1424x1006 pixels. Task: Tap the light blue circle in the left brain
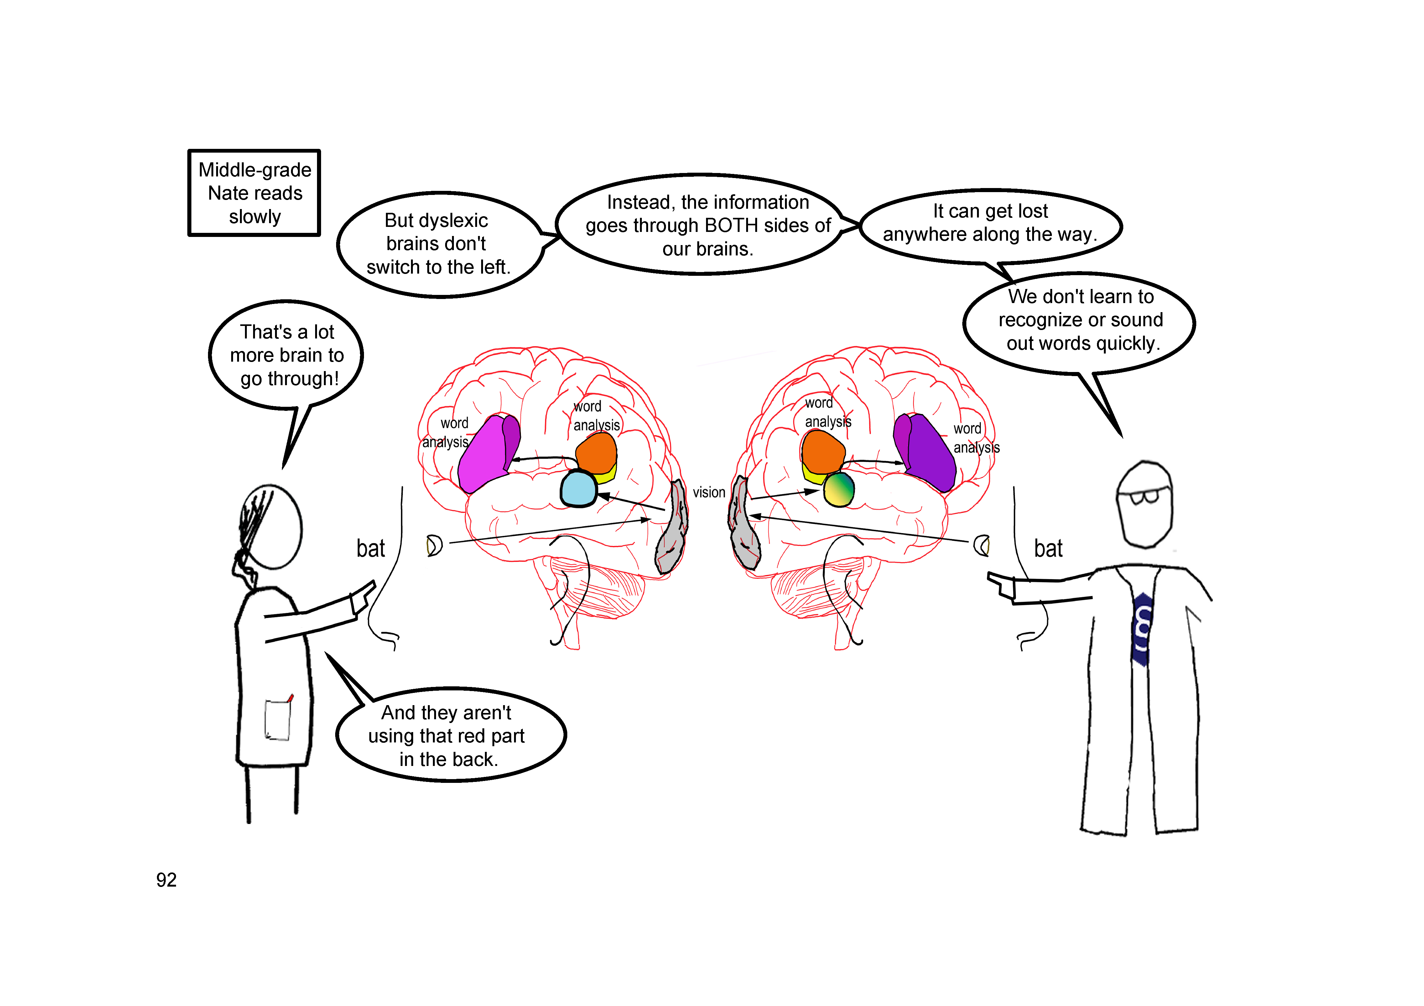point(578,488)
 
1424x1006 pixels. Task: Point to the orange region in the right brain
point(822,452)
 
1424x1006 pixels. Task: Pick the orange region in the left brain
point(597,453)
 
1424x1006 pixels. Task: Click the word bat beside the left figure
point(370,549)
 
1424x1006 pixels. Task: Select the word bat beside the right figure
point(1048,549)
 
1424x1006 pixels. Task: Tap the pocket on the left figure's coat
point(277,720)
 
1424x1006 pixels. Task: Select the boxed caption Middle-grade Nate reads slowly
point(254,193)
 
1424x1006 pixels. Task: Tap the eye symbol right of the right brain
point(981,546)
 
